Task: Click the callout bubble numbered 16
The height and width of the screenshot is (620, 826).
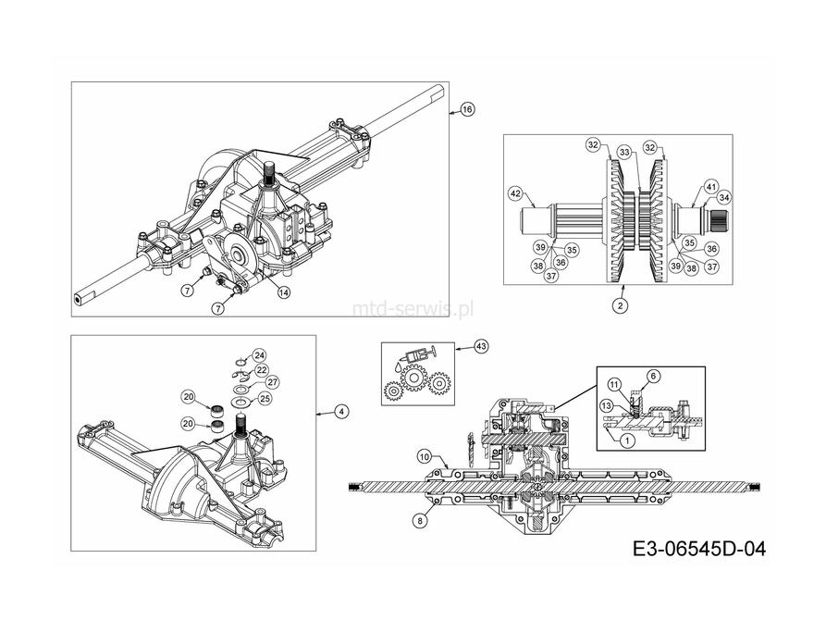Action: [467, 110]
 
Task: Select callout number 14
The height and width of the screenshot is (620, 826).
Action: [284, 292]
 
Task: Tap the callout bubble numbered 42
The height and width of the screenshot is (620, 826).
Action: [515, 193]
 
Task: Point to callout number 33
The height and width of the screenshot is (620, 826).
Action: [624, 153]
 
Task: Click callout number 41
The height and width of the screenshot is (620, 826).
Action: [711, 187]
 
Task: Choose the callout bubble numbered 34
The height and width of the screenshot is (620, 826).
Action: [724, 198]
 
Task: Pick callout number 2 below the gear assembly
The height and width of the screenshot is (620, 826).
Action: [620, 305]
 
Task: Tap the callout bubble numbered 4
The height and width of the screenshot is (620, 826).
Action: [341, 411]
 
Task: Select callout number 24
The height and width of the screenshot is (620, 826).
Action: [259, 355]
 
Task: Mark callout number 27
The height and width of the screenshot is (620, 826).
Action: [272, 382]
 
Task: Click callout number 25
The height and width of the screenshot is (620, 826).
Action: [265, 399]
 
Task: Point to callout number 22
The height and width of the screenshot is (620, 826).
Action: [262, 370]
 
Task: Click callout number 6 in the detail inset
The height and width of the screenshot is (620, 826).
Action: [653, 376]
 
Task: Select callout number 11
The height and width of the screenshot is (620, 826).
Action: [614, 385]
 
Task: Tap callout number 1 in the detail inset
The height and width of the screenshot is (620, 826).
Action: [627, 440]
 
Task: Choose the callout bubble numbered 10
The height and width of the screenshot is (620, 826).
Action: [425, 456]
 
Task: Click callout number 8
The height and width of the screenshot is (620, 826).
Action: [420, 521]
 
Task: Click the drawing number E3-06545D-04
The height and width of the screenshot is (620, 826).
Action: [699, 550]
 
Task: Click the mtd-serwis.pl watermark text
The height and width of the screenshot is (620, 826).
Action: [413, 308]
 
